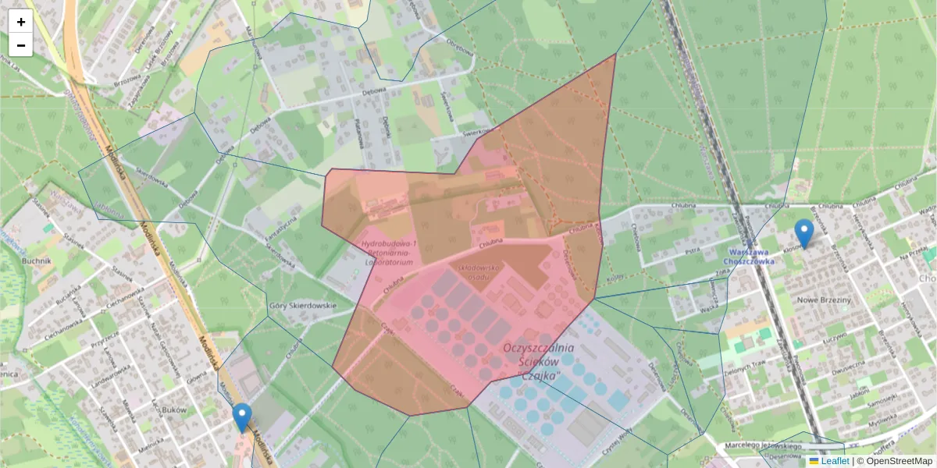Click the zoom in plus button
pyautogui.click(x=21, y=22)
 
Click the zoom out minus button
pyautogui.click(x=21, y=45)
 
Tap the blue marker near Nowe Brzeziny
pyautogui.click(x=803, y=233)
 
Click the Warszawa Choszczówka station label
pyautogui.click(x=752, y=257)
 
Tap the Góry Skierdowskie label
pyautogui.click(x=301, y=306)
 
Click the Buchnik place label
pyautogui.click(x=37, y=262)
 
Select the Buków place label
pyautogui.click(x=175, y=409)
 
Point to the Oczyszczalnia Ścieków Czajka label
pyautogui.click(x=540, y=361)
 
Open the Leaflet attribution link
pyautogui.click(x=834, y=461)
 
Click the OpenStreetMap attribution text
pyautogui.click(x=899, y=461)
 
